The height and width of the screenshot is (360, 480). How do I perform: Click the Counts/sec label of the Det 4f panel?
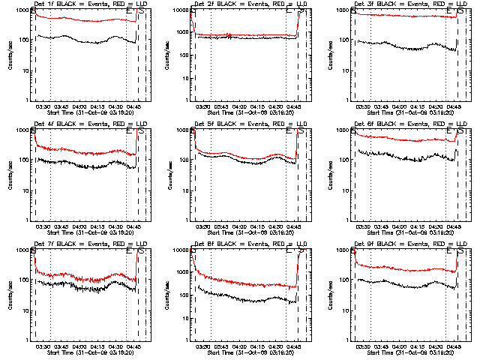pos(9,175)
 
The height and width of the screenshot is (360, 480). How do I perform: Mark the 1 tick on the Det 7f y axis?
pos(25,340)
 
